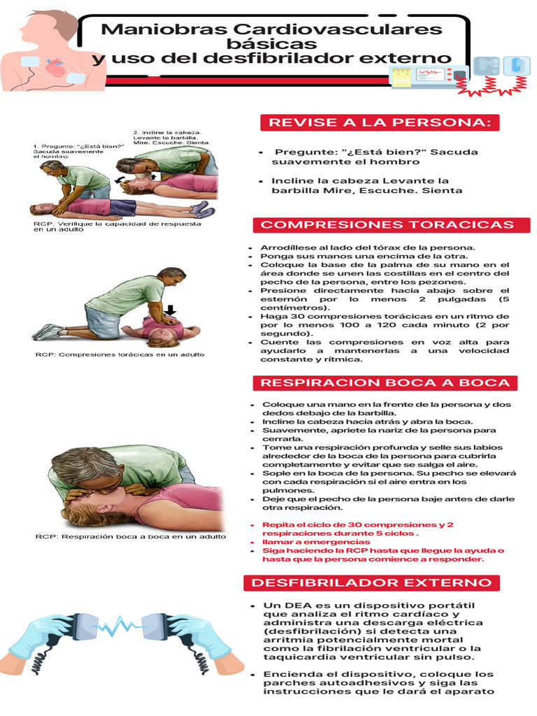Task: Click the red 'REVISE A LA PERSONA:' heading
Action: (380, 123)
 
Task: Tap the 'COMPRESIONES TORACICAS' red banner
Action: (387, 224)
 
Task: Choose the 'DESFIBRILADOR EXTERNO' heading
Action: (371, 582)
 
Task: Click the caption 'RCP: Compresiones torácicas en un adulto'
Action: (120, 355)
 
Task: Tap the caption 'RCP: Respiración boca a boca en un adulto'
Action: (131, 536)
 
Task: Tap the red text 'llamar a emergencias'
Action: (316, 542)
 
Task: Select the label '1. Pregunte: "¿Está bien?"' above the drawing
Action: (78, 146)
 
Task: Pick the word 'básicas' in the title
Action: (272, 44)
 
